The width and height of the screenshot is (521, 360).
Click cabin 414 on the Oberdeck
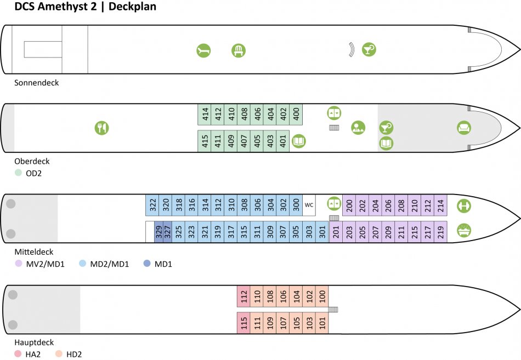[205, 115]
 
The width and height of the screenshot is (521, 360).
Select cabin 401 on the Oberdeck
[283, 141]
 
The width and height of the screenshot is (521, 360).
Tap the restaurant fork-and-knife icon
[101, 128]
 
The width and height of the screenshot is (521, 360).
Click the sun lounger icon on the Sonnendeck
[203, 50]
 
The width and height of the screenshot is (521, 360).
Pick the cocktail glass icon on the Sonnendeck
[369, 49]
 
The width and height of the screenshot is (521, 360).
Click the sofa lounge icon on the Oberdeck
[464, 128]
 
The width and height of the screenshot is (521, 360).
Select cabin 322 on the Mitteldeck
[152, 205]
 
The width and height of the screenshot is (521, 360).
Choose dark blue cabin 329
[159, 232]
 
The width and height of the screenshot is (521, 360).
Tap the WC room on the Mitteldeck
[309, 205]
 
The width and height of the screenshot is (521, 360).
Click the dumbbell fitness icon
[464, 205]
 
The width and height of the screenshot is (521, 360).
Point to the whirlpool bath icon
[464, 230]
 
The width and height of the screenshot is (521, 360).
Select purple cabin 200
[349, 205]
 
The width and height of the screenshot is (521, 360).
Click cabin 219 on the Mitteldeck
[440, 232]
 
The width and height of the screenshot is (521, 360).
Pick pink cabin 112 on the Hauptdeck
[243, 296]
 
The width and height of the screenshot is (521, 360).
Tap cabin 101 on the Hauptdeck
[322, 323]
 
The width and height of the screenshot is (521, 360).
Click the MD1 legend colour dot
[147, 264]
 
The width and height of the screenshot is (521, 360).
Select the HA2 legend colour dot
[18, 354]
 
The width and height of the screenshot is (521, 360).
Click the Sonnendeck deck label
[37, 83]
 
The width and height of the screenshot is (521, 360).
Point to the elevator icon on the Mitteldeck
[334, 203]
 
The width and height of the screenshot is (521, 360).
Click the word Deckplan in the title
[132, 7]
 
